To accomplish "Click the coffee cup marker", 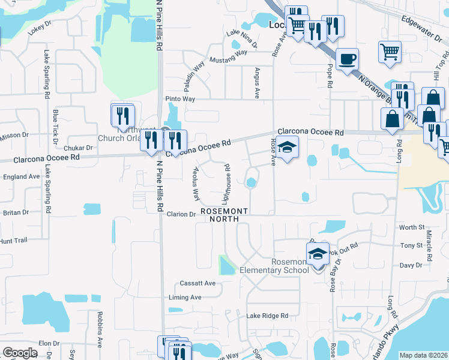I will (347, 59).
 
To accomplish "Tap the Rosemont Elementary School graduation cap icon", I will (318, 253).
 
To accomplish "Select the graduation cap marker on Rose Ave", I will (287, 147).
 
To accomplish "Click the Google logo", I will (20, 353).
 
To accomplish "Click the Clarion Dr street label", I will (182, 214).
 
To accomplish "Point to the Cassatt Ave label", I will (197, 283).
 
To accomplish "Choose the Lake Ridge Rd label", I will (267, 316).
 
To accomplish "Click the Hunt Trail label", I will (14, 241).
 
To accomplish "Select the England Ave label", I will (22, 176).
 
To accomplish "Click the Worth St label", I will (412, 227).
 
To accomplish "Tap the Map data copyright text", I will (424, 355).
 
